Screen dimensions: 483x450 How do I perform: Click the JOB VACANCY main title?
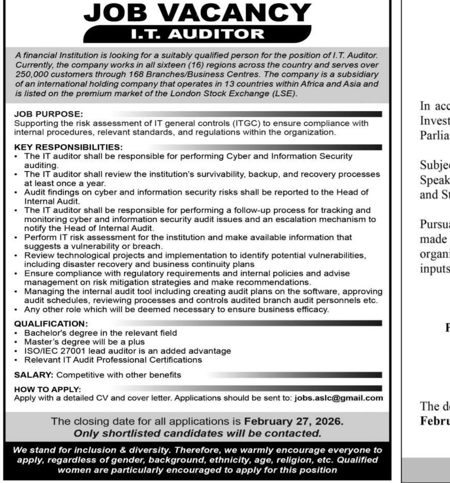pyautogui.click(x=197, y=13)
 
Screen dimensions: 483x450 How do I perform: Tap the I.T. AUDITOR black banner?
pyautogui.click(x=197, y=34)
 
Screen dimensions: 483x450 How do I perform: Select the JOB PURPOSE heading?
pyautogui.click(x=49, y=114)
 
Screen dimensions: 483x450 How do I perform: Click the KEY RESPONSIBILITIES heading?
pyautogui.click(x=68, y=147)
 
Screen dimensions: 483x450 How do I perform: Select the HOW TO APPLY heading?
pyautogui.click(x=47, y=389)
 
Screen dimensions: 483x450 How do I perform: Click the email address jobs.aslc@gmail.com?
pyautogui.click(x=339, y=398)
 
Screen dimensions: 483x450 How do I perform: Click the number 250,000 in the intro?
pyautogui.click(x=31, y=74)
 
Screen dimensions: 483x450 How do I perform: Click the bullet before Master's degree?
pyautogui.click(x=16, y=342)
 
